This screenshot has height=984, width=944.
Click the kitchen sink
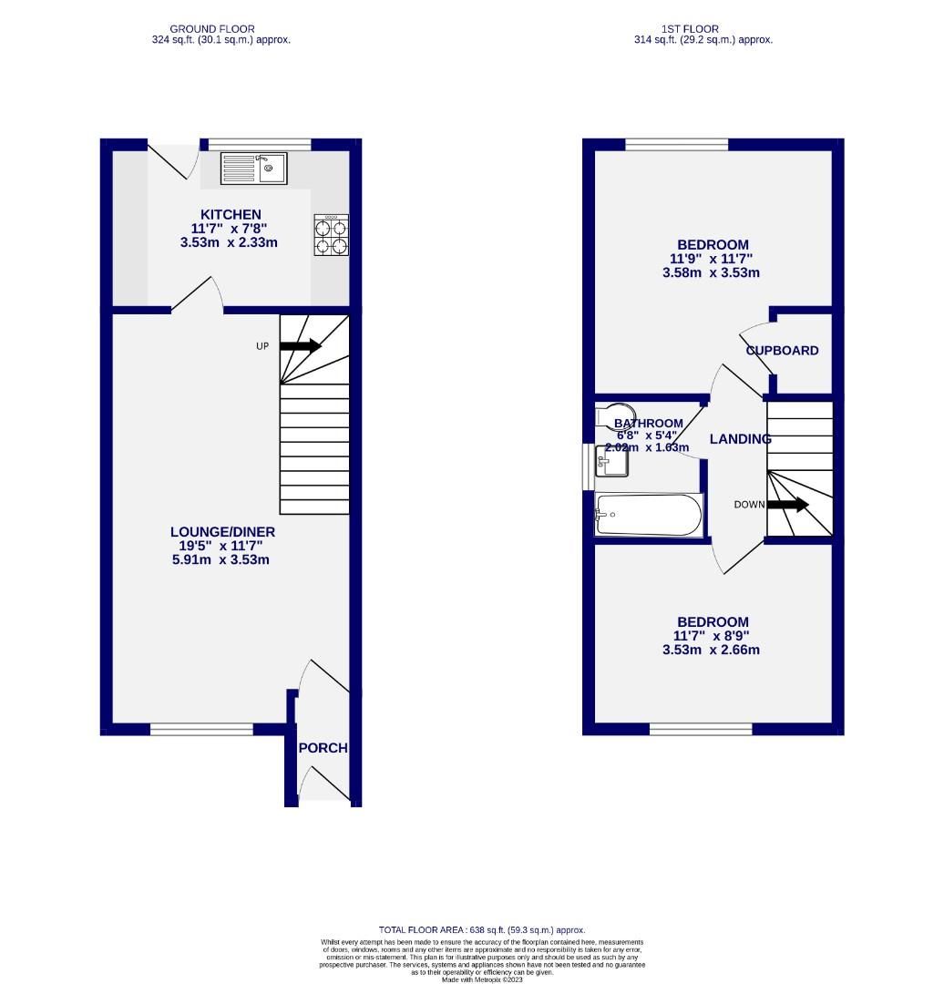tap(254, 168)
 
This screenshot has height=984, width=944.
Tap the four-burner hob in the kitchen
tap(331, 235)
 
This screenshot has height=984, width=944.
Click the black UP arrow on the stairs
tap(301, 346)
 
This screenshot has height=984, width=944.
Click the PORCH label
tap(323, 748)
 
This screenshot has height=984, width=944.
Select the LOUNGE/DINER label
tap(222, 532)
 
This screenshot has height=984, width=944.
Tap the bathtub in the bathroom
tap(648, 517)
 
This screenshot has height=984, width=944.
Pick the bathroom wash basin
tap(611, 461)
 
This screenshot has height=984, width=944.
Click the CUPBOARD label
tap(782, 351)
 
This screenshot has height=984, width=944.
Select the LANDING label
tap(740, 439)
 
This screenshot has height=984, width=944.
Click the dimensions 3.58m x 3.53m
tap(712, 272)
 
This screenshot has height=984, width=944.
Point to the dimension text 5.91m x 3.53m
tap(222, 559)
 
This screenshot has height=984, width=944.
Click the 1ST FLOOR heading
tap(703, 29)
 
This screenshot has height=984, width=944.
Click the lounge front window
tap(201, 729)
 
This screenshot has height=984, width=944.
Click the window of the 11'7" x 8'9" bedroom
tap(701, 729)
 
